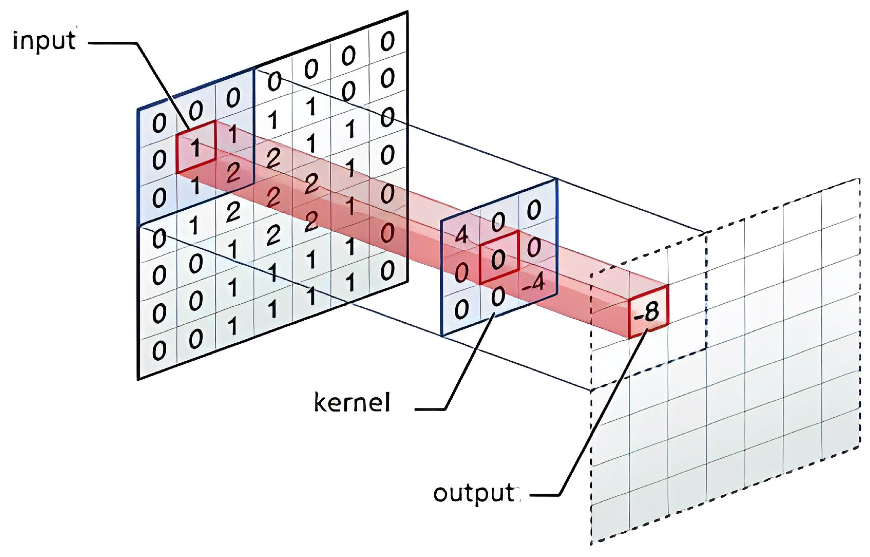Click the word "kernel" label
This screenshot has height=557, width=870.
[x=352, y=403]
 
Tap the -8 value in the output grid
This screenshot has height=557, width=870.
[x=648, y=312]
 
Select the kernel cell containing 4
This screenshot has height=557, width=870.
[x=461, y=237]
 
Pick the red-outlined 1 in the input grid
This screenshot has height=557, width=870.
[x=195, y=148]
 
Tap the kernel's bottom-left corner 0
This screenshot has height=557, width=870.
[x=461, y=310]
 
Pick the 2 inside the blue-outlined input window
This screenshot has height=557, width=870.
[x=233, y=173]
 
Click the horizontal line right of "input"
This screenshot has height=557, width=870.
[x=112, y=44]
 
